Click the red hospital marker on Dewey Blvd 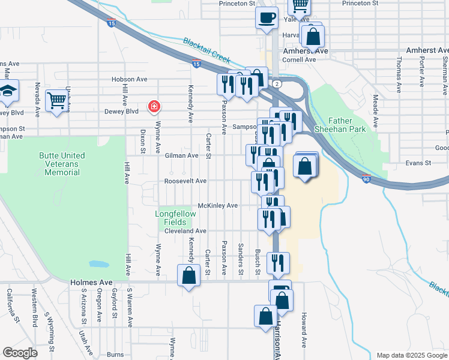pyautogui.click(x=154, y=107)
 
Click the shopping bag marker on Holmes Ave pyautogui.click(x=188, y=275)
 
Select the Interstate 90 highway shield pyautogui.click(x=366, y=178)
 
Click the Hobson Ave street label pyautogui.click(x=129, y=79)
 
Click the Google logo pyautogui.click(x=20, y=352)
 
